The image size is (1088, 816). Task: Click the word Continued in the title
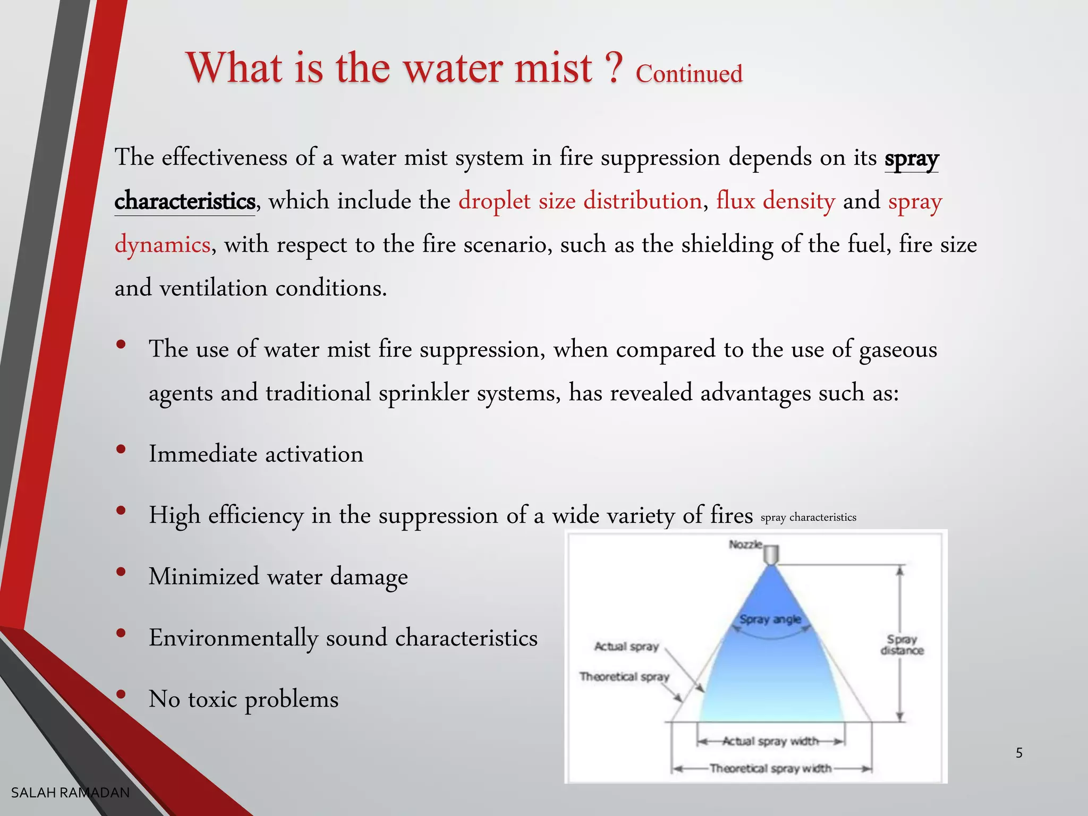click(x=688, y=73)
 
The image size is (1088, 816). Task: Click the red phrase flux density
click(x=775, y=201)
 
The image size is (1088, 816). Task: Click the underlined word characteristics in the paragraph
click(x=185, y=201)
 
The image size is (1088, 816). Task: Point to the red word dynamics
click(x=163, y=245)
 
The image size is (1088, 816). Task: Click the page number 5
click(x=1019, y=753)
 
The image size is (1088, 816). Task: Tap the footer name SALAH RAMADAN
click(x=70, y=793)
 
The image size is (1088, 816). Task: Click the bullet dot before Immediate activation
click(x=121, y=449)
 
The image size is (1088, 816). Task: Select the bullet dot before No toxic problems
click(x=121, y=694)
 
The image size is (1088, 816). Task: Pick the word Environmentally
click(x=233, y=637)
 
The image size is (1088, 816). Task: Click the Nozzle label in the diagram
click(x=745, y=545)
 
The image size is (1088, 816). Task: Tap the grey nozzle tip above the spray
click(x=771, y=555)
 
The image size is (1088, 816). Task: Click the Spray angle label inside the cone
click(x=770, y=619)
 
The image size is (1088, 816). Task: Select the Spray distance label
click(x=902, y=645)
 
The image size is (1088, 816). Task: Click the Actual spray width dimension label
click(x=770, y=741)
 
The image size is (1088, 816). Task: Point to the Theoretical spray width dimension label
click(x=770, y=769)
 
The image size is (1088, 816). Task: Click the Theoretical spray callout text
click(x=624, y=677)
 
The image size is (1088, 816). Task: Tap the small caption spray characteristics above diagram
click(x=808, y=517)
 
